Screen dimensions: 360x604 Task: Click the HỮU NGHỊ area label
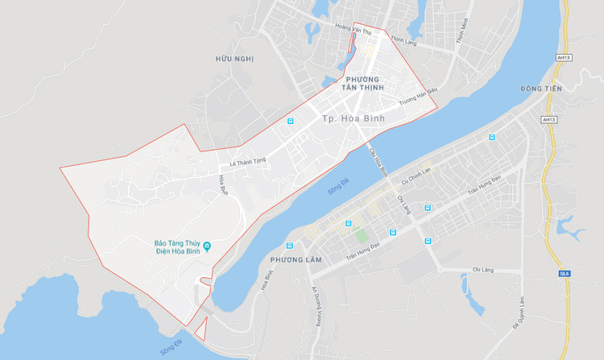point(234,59)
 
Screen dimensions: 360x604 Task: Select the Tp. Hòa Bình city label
point(353,119)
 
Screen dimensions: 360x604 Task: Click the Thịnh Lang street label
point(401,39)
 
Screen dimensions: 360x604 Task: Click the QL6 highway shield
point(565,273)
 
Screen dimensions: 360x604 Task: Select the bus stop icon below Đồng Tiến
point(490,138)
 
